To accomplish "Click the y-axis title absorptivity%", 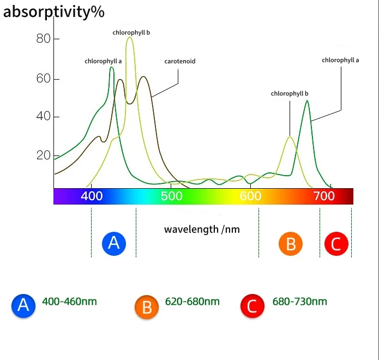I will [x=53, y=12].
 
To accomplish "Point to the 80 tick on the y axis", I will [x=44, y=39].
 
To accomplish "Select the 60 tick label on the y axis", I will [x=44, y=79].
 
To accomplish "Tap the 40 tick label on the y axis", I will [x=44, y=117].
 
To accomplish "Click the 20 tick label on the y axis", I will [x=44, y=155].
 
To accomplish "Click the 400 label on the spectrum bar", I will [x=92, y=196].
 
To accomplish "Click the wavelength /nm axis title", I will [x=202, y=229].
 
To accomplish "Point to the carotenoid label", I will [x=179, y=62].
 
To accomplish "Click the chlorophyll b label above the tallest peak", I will [x=131, y=33].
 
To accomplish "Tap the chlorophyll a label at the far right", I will [x=340, y=60].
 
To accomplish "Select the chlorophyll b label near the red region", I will [x=290, y=94].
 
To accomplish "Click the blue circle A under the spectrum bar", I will [x=114, y=243].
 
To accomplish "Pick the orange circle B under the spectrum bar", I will [x=290, y=244].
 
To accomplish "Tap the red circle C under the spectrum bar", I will [x=336, y=244].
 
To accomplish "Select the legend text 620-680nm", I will [x=192, y=302].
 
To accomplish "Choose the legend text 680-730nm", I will [x=300, y=302].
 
